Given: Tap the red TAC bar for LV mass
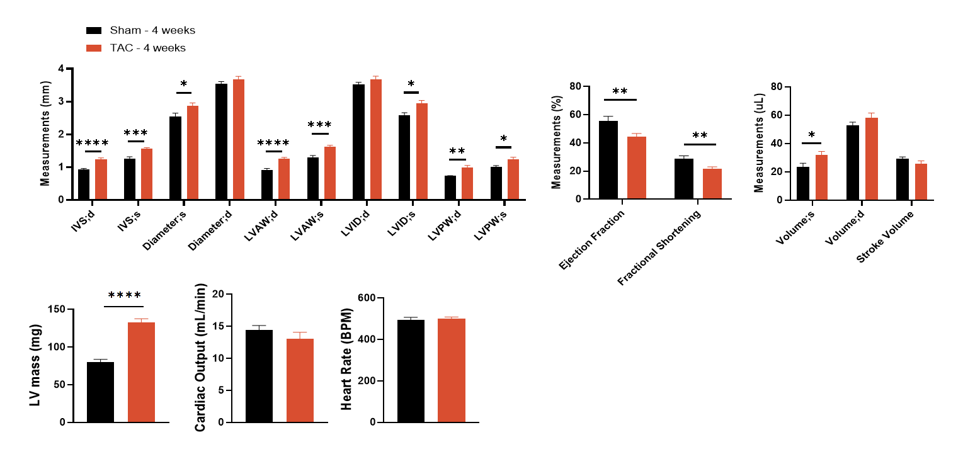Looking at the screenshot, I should (x=141, y=372).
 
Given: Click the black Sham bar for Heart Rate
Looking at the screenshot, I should (x=411, y=371).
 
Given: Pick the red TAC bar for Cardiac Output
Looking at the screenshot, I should (x=300, y=380).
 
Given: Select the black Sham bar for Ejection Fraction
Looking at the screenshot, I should (x=608, y=160).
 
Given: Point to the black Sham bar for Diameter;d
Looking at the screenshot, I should (x=221, y=142).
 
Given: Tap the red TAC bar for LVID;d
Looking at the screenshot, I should (x=375, y=139).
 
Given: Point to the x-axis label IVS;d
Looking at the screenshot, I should (x=84, y=214).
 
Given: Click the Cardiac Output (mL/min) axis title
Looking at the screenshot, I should (x=201, y=358).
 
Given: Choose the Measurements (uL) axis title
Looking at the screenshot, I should (x=759, y=143).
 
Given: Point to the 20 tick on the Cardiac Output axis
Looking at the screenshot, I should (x=219, y=294).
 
